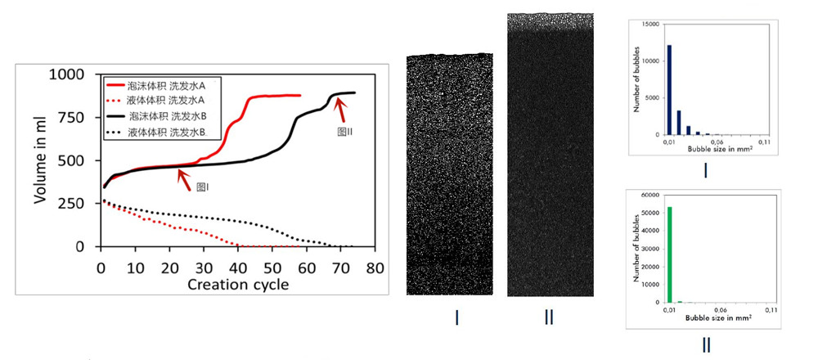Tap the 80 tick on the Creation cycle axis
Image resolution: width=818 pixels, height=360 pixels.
pos(375,267)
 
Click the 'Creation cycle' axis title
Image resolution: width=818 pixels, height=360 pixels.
pos(237,285)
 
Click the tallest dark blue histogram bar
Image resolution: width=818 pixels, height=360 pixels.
pos(669,90)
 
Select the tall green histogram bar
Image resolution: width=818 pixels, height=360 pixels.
pos(669,254)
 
